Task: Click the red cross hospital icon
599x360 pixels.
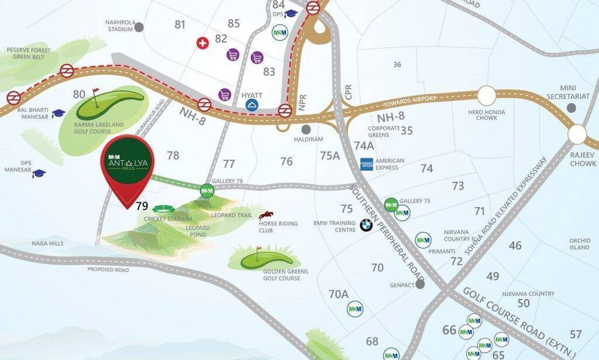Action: (x=203, y=43)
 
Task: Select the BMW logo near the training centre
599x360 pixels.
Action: (x=366, y=225)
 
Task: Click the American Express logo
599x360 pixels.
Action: (x=367, y=164)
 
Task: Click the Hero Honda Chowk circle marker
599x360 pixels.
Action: (x=487, y=95)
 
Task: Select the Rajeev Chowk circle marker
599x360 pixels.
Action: (x=577, y=135)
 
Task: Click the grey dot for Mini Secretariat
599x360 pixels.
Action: (x=571, y=108)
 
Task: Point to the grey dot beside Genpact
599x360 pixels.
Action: (x=420, y=284)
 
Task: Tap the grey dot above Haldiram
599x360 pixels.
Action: (x=305, y=129)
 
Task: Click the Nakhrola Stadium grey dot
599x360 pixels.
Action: (x=139, y=26)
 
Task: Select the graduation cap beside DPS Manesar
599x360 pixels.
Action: (x=39, y=174)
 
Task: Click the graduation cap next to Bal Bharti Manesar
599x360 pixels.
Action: (x=58, y=113)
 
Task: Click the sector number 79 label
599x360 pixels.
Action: (x=142, y=206)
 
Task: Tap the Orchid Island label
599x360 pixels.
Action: (x=579, y=244)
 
